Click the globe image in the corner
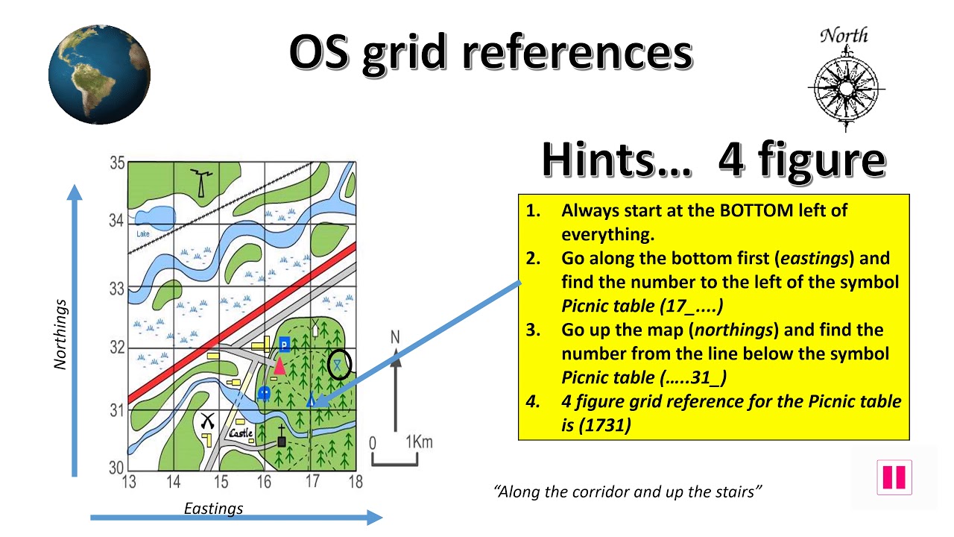click(x=99, y=74)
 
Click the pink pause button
click(x=894, y=477)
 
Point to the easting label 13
click(x=129, y=482)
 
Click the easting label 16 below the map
click(x=265, y=482)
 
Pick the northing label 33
click(x=117, y=288)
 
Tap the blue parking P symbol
click(x=284, y=344)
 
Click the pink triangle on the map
click(x=279, y=365)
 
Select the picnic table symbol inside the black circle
click(x=338, y=364)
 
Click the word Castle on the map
click(x=240, y=433)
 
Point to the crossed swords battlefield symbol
click(x=207, y=421)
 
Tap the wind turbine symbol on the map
click(x=199, y=181)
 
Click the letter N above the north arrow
click(x=395, y=337)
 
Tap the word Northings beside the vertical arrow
click(x=60, y=335)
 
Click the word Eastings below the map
click(x=213, y=509)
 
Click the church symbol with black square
click(x=281, y=440)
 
